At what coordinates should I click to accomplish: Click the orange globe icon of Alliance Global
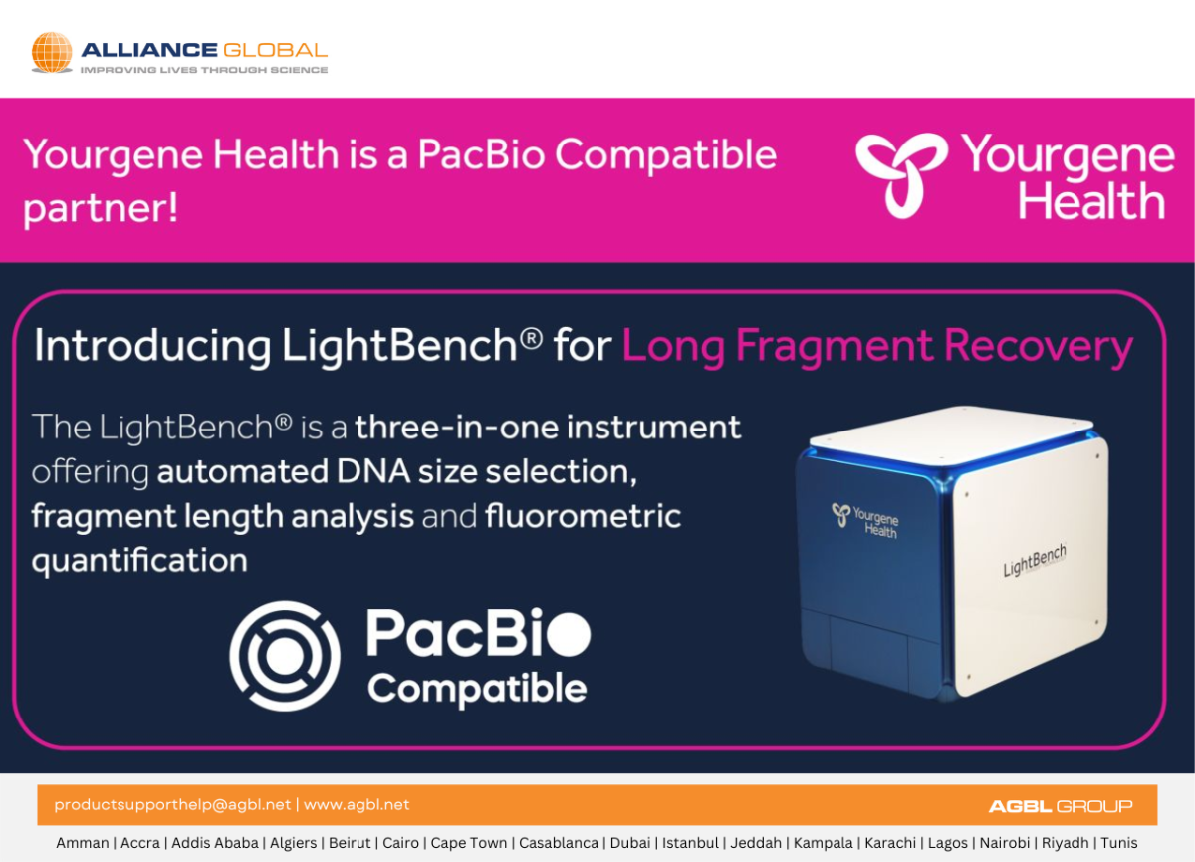click(52, 52)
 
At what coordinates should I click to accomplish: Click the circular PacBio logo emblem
click(285, 656)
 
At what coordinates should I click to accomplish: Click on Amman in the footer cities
click(82, 843)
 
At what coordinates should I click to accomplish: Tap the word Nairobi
click(1005, 843)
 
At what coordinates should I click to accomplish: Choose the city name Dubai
click(630, 843)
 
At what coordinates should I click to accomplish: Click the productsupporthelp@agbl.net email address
click(172, 805)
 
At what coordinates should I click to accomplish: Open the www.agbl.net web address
click(357, 805)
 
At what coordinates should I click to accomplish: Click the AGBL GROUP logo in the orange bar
click(1061, 806)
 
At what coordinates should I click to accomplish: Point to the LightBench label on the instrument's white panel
click(1035, 560)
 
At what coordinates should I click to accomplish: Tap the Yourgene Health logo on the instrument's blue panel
click(865, 520)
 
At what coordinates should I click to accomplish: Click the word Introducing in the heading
click(152, 347)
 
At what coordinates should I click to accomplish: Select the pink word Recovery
click(1039, 347)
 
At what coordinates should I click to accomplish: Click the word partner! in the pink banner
click(101, 208)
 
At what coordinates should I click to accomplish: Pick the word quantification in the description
click(139, 561)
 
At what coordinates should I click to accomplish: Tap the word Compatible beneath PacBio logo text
click(477, 689)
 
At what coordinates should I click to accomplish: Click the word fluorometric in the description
click(584, 516)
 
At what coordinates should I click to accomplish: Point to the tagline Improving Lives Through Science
click(204, 70)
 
